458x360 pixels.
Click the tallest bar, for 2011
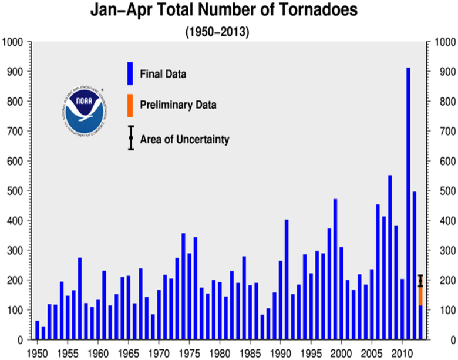(x=408, y=203)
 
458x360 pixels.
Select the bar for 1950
(x=37, y=330)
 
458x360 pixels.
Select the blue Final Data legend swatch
(x=130, y=74)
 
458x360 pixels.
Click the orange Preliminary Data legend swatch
(x=130, y=105)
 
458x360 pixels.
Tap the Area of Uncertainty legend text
(x=184, y=139)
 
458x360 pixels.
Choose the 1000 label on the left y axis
(x=12, y=42)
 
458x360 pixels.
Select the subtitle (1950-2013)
(x=217, y=31)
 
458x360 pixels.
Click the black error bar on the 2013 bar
(x=420, y=281)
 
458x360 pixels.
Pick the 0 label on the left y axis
(x=20, y=340)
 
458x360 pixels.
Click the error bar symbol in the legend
(x=131, y=139)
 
